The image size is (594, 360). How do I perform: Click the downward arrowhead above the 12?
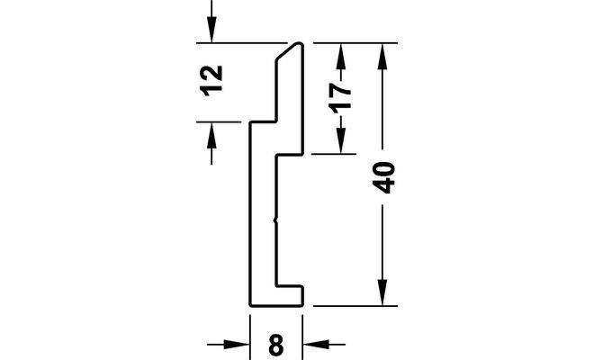(x=211, y=31)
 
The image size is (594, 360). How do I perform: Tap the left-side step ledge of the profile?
(x=262, y=121)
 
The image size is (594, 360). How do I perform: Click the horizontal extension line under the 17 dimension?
(x=333, y=154)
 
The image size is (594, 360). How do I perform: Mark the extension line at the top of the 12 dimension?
(x=243, y=42)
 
